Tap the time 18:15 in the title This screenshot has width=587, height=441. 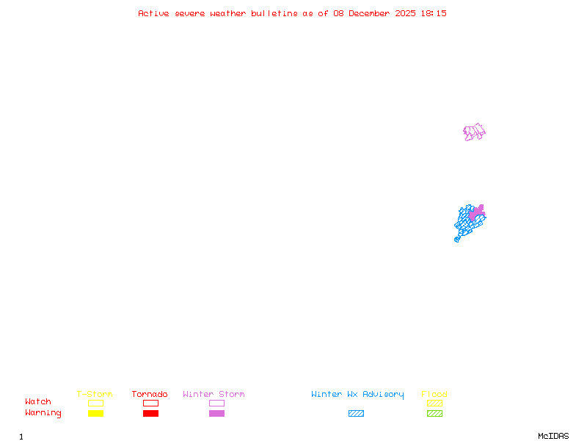[x=434, y=13]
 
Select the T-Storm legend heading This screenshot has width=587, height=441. [x=95, y=394]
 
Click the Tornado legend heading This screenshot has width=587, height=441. [x=150, y=394]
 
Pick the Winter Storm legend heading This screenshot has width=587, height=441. [x=214, y=394]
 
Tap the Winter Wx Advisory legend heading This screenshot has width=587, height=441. [x=357, y=394]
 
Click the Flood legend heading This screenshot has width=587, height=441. [x=434, y=394]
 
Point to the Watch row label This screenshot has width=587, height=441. [x=38, y=402]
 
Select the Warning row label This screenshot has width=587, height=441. [x=43, y=413]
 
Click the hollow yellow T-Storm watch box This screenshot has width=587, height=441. [x=95, y=403]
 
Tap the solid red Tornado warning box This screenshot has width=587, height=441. [x=150, y=413]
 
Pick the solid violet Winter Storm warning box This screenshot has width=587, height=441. [x=216, y=413]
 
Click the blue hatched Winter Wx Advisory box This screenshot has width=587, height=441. [x=356, y=413]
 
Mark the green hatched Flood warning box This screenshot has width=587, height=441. [x=434, y=413]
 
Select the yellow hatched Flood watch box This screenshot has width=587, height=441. [x=434, y=403]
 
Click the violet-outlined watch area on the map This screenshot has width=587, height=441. [x=474, y=132]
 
